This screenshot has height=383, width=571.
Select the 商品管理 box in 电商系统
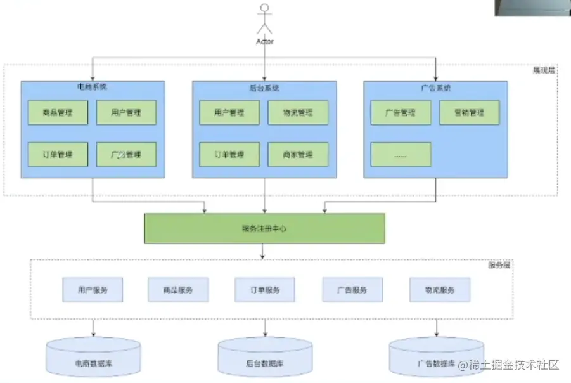(58, 114)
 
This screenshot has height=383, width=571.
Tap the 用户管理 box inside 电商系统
(126, 114)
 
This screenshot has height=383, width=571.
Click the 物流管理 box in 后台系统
(298, 114)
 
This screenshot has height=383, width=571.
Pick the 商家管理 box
(298, 154)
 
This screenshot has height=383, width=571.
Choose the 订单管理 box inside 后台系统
(229, 154)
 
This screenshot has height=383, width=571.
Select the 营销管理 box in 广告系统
(469, 114)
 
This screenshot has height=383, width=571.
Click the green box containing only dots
(401, 154)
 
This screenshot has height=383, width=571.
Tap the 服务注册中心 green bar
(264, 228)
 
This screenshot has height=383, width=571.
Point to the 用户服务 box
(93, 290)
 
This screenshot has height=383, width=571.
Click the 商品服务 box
(178, 290)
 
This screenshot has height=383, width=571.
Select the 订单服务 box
(265, 290)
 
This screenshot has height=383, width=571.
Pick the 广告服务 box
(352, 290)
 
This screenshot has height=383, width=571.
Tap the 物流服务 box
(440, 290)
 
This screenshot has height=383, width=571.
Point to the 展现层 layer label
(544, 70)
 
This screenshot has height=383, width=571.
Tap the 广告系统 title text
(435, 88)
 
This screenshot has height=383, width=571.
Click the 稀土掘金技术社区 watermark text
(514, 365)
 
